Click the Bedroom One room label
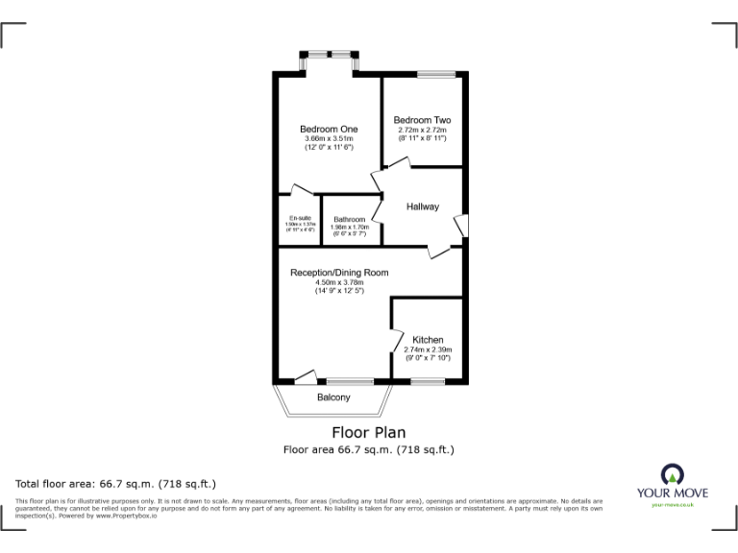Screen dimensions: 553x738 (x=329, y=130)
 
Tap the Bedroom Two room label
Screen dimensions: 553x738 (x=422, y=120)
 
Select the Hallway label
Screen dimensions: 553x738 (x=422, y=206)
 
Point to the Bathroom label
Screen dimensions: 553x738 (x=350, y=219)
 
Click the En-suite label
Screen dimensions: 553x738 (x=300, y=218)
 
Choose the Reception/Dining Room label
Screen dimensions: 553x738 (x=339, y=273)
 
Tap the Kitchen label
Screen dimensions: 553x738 (x=428, y=340)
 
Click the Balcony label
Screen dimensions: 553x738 (x=333, y=397)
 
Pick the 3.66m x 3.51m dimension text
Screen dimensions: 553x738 (x=329, y=139)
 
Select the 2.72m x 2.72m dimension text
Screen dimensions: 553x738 (x=422, y=130)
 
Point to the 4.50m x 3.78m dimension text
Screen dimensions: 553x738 (x=339, y=282)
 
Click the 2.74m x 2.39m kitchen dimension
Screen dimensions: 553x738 (x=428, y=349)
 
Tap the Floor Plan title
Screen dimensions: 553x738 (x=368, y=432)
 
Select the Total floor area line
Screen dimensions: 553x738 (x=116, y=484)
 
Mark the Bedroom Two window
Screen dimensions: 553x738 (x=435, y=73)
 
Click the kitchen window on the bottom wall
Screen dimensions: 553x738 (x=428, y=381)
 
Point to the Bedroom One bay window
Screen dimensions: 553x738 (x=329, y=58)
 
